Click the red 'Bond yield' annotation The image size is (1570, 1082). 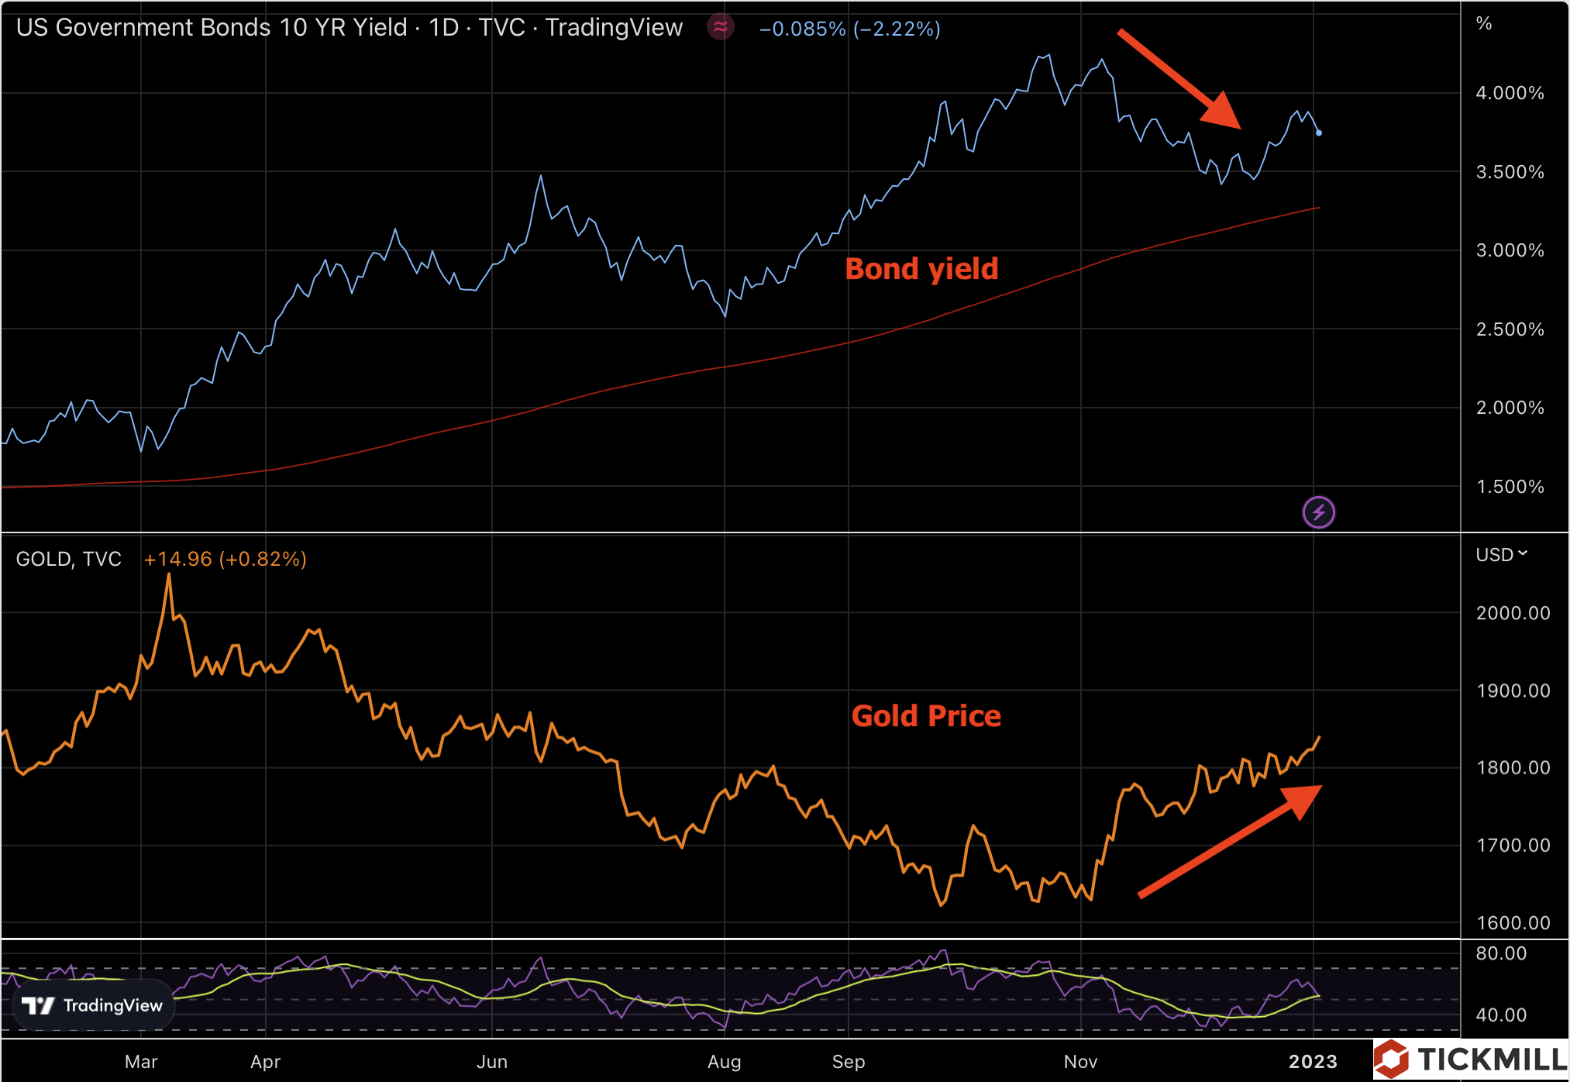pos(921,269)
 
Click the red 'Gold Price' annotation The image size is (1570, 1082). pos(926,716)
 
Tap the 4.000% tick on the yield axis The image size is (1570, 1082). pos(1510,93)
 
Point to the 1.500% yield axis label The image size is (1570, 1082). pos(1510,487)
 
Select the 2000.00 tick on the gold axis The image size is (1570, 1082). pos(1513,613)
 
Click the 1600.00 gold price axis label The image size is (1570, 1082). pos(1513,922)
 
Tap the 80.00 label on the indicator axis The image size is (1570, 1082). pos(1501,953)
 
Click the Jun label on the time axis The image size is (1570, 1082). pos(492,1062)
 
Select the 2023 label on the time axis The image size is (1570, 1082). pos(1313,1062)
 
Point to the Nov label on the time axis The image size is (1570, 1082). pos(1080,1062)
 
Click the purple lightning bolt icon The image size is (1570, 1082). pos(1318,512)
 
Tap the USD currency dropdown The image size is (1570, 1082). pos(1501,555)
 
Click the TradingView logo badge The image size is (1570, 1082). pos(93,1005)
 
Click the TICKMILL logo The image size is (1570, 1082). pos(1471,1059)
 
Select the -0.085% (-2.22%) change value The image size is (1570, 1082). pos(849,29)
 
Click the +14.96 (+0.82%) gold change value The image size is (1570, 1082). pos(225,559)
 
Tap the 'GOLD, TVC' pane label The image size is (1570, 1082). pos(68,559)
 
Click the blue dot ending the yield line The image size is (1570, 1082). pos(1319,133)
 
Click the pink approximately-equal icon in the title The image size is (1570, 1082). pos(720,28)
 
